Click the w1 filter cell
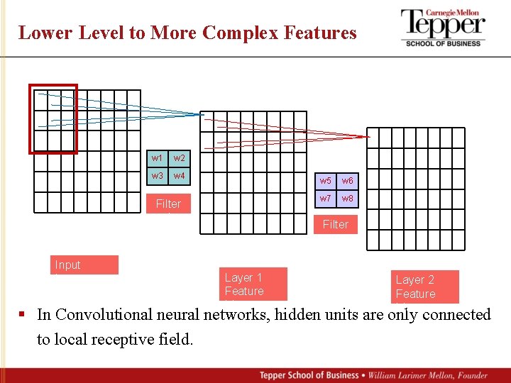(157, 158)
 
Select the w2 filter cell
(179, 158)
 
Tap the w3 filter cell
(157, 175)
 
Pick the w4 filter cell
(179, 175)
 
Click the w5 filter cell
(325, 181)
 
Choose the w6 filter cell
(348, 181)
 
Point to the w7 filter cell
(325, 199)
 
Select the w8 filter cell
(348, 199)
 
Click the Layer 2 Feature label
(424, 287)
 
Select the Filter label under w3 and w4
(168, 204)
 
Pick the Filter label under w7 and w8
(336, 224)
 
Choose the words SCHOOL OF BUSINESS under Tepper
(443, 43)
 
